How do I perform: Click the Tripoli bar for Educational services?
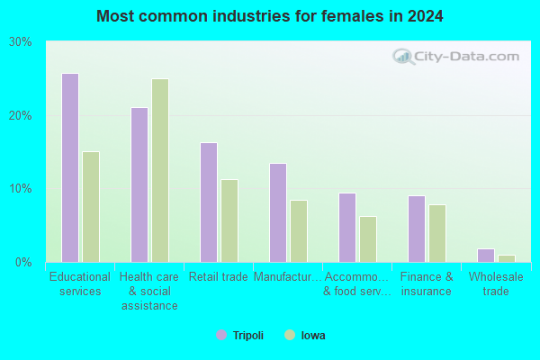click(70, 167)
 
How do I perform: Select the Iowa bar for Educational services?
click(91, 207)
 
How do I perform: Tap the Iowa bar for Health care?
click(160, 170)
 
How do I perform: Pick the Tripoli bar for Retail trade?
click(209, 202)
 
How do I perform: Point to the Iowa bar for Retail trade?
click(229, 220)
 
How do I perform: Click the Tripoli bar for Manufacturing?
click(278, 213)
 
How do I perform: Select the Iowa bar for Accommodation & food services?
click(368, 239)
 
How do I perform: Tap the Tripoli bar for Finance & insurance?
click(417, 229)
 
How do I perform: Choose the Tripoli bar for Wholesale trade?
click(486, 256)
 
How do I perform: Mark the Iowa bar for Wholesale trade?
click(507, 258)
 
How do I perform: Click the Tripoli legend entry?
click(239, 335)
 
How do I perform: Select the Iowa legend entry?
click(305, 335)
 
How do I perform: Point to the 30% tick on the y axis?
click(21, 42)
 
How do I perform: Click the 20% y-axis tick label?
click(21, 116)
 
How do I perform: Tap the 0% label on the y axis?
click(23, 263)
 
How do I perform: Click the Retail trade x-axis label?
click(219, 276)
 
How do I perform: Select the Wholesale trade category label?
click(496, 283)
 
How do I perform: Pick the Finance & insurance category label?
click(427, 283)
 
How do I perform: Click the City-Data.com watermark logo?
click(455, 57)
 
